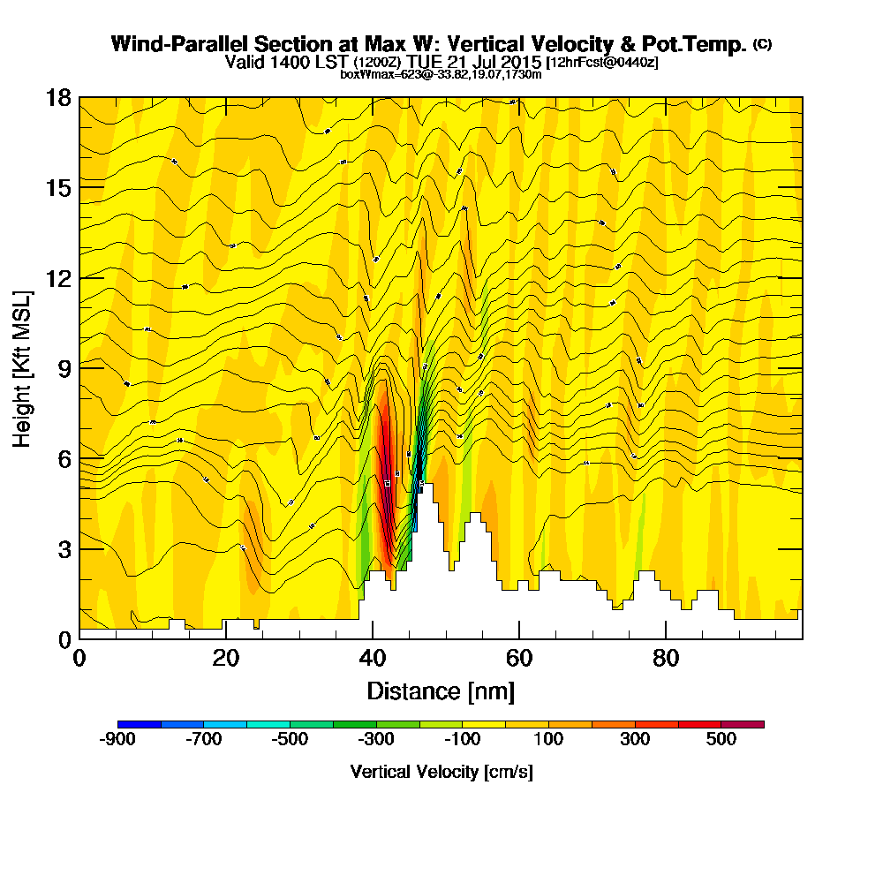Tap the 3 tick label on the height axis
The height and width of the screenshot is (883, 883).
[63, 549]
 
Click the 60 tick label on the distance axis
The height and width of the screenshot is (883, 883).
[519, 659]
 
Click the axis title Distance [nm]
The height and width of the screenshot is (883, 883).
[441, 691]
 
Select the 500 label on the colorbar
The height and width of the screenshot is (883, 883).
[721, 739]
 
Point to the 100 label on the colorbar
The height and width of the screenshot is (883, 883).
[549, 739]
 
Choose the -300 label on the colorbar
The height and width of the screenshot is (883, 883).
[376, 739]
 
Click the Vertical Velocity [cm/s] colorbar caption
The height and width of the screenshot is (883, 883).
[441, 772]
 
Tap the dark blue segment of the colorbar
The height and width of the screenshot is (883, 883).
[140, 724]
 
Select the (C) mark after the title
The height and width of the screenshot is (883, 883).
[762, 44]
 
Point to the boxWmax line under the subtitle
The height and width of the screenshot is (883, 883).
[441, 74]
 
